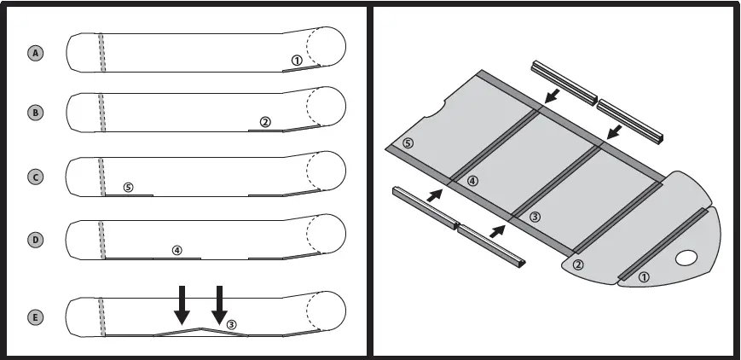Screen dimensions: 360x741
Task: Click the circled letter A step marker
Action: tap(36, 53)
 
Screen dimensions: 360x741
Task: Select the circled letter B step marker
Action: tap(36, 113)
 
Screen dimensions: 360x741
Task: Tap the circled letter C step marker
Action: tap(36, 177)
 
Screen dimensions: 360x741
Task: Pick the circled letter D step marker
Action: tap(36, 240)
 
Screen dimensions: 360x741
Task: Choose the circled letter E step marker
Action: tap(36, 317)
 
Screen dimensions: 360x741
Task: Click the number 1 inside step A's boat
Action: tap(296, 61)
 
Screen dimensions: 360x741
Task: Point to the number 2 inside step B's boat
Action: tap(265, 122)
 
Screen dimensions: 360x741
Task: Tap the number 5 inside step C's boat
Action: tap(128, 187)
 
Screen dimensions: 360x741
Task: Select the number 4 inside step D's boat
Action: tap(177, 251)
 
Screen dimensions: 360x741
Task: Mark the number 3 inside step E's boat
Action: tap(231, 323)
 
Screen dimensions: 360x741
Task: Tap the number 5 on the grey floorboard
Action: tap(408, 142)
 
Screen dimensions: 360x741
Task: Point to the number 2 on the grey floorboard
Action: tap(577, 265)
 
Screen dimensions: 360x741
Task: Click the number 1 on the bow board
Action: tap(644, 277)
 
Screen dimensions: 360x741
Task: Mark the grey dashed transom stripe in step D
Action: tap(102, 240)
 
